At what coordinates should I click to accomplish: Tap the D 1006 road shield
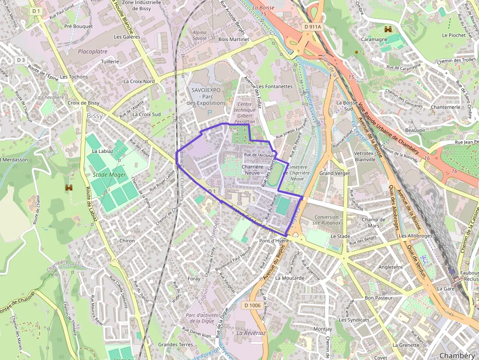[x=252, y=305]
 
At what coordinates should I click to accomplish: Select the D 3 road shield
[x=21, y=60]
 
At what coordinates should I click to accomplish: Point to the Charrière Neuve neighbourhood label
[x=252, y=169]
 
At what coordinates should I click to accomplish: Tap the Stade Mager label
[x=109, y=174]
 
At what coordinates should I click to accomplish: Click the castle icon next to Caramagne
[x=389, y=29]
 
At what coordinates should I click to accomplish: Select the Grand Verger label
[x=334, y=173]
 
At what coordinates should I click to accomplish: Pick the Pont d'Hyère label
[x=275, y=241]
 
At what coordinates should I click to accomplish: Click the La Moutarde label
[x=290, y=278]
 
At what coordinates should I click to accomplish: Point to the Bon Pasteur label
[x=379, y=297]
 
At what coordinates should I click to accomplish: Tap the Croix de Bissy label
[x=84, y=103]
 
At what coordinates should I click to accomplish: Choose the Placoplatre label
[x=93, y=51]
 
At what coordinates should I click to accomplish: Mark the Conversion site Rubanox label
[x=327, y=220]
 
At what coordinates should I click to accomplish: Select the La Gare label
[x=446, y=289]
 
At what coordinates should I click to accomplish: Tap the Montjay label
[x=323, y=329]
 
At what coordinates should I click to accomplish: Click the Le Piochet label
[x=454, y=35]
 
